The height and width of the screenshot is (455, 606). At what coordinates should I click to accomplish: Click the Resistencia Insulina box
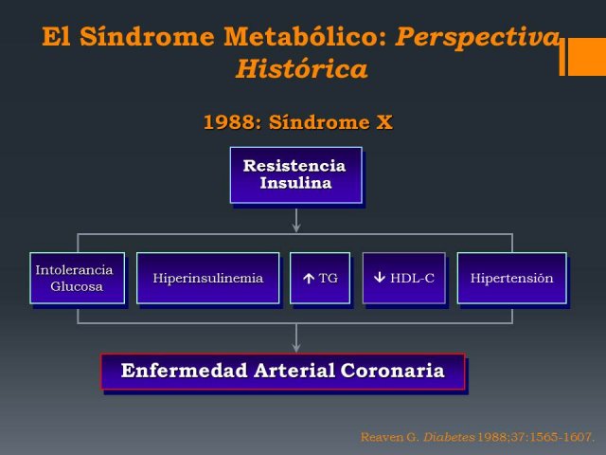click(x=296, y=174)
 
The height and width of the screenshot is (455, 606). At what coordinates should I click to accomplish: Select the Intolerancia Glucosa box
click(x=78, y=278)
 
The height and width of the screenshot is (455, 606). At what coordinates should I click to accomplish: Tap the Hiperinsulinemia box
click(x=208, y=278)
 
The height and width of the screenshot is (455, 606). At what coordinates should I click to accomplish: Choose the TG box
click(x=320, y=278)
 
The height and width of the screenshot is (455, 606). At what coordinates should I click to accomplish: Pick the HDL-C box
click(x=404, y=278)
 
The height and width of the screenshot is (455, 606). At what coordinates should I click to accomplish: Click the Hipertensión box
click(x=511, y=278)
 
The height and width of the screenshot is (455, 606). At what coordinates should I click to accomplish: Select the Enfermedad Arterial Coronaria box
click(x=283, y=371)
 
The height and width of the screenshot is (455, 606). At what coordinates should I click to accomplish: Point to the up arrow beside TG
click(x=309, y=278)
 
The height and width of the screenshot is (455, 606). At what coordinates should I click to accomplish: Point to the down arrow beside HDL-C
click(x=380, y=277)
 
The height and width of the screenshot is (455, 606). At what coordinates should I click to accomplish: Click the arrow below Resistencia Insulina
click(x=296, y=221)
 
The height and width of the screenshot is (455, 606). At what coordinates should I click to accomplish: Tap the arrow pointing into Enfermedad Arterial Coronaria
click(x=296, y=338)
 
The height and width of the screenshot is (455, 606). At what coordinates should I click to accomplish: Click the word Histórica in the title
click(x=302, y=69)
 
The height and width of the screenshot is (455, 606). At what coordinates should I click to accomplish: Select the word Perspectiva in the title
click(x=478, y=38)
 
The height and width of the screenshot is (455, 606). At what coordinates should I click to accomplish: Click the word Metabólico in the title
click(x=305, y=36)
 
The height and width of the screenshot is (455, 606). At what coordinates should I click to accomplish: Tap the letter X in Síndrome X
click(x=384, y=122)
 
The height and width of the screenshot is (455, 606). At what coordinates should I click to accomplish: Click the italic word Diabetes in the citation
click(x=449, y=437)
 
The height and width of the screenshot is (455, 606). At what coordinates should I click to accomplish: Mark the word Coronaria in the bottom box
click(x=392, y=371)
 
